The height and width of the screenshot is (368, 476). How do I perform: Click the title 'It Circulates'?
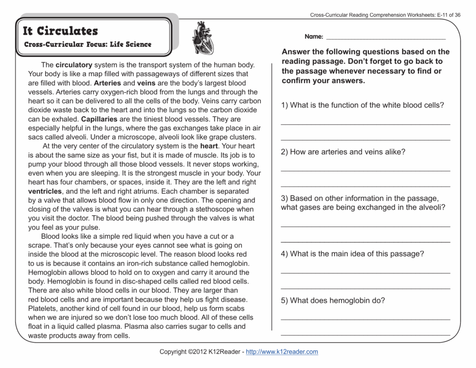(x=60, y=31)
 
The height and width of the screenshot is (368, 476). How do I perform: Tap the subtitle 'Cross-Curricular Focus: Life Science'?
(x=87, y=45)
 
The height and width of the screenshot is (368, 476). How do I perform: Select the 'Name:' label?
(x=314, y=37)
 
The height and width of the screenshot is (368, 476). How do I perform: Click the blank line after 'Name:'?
(x=386, y=38)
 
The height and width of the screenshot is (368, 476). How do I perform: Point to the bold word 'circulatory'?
(x=74, y=65)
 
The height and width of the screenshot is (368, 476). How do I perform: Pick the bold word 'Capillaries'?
(x=99, y=119)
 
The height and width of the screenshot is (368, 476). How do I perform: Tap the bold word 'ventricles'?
(x=45, y=191)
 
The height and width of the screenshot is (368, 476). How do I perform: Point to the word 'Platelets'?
(x=43, y=308)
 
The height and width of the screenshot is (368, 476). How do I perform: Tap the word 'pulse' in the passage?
(x=90, y=227)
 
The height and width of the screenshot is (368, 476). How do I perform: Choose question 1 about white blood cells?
(x=363, y=105)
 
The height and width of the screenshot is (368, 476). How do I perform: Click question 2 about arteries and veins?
(x=343, y=152)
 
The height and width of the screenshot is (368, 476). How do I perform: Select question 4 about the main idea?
(x=352, y=254)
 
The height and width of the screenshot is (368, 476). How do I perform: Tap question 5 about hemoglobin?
(x=333, y=301)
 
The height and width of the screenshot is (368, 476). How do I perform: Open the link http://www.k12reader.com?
(x=282, y=352)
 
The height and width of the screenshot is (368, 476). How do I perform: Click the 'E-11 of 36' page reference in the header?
(x=449, y=15)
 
